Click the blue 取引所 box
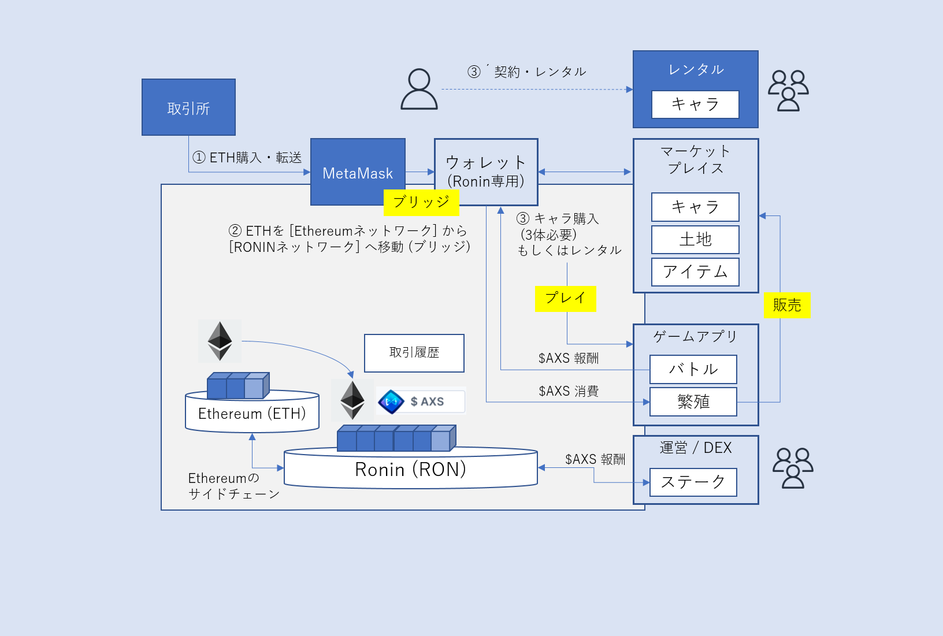pos(188,107)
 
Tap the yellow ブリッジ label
pos(421,202)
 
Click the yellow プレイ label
pos(565,299)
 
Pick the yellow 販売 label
pos(787,305)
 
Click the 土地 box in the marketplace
pos(695,239)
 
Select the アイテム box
pos(695,272)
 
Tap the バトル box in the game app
pos(693,369)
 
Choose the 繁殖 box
pos(693,401)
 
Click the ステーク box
pos(693,482)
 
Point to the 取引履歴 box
pos(414,353)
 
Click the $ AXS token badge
pos(421,401)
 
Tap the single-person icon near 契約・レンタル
pos(419,89)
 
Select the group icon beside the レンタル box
pos(788,90)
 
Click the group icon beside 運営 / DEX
pos(793,468)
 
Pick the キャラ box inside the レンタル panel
pos(695,105)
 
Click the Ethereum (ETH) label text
pos(252,414)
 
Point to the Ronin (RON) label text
pos(410,470)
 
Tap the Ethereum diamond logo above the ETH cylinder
pos(220,341)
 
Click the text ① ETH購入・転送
pos(247,158)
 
